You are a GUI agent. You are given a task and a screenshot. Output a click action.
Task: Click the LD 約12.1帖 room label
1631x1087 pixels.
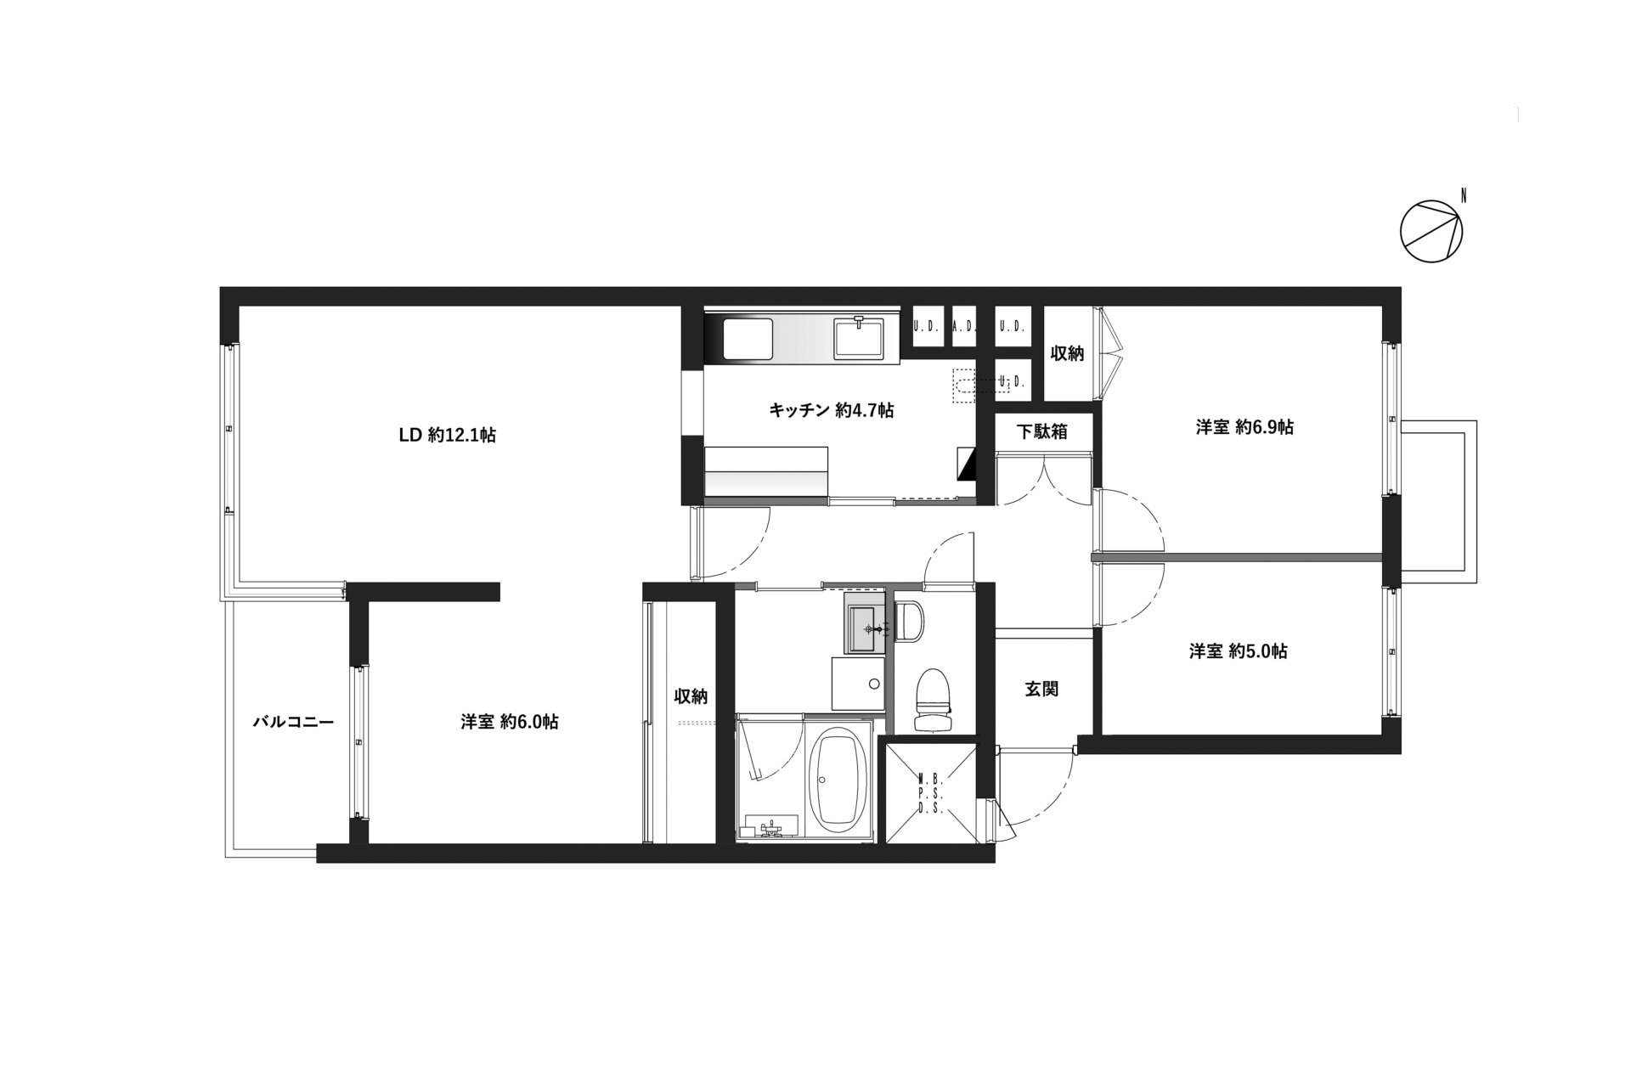coord(448,436)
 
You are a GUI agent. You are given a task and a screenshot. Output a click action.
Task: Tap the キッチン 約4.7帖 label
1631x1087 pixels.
coord(831,410)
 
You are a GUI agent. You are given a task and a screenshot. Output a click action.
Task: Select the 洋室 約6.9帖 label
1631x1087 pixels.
coord(1244,427)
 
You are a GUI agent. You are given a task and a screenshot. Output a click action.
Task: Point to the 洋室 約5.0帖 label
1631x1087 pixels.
coord(1238,651)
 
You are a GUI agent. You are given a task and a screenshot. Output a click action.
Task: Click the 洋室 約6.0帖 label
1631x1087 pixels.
coord(510,722)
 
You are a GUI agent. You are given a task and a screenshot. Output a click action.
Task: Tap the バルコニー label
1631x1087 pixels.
coord(293,722)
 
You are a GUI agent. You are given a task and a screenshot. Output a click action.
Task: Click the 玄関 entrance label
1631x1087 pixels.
coord(1041,689)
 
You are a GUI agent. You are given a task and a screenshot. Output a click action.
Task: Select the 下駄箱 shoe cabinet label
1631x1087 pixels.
coord(1041,431)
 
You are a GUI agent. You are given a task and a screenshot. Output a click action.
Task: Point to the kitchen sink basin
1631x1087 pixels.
coord(860,338)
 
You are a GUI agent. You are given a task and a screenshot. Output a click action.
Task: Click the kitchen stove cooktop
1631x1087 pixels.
coord(748,339)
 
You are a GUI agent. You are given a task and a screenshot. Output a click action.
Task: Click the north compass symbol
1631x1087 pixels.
coord(1431,231)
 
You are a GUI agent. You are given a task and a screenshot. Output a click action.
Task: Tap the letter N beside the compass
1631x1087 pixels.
coord(1463,196)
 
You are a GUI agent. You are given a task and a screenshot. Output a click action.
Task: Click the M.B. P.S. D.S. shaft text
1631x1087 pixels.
coord(931,792)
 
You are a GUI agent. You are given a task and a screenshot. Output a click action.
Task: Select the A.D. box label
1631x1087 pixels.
coord(963,326)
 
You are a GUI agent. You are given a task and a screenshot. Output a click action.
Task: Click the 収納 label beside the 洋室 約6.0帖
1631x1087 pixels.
coord(691,696)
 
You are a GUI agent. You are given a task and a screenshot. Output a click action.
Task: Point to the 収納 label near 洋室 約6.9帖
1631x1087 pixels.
coord(1067,353)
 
